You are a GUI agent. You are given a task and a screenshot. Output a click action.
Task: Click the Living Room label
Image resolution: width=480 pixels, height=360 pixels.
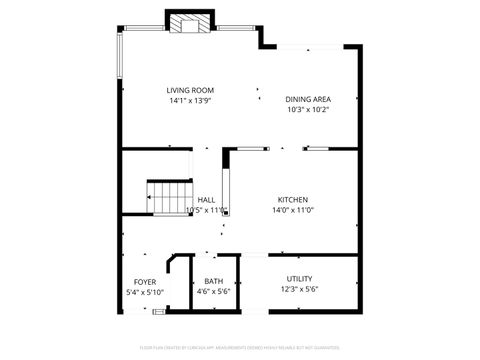point(190,90)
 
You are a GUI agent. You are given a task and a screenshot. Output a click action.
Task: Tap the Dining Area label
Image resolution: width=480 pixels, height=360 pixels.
point(308,99)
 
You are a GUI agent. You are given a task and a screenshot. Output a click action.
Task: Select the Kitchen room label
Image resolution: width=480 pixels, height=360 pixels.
point(292,199)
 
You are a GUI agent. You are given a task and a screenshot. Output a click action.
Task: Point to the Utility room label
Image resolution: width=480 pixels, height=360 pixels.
point(300,279)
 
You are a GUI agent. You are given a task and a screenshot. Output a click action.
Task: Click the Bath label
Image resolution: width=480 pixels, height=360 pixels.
point(213,281)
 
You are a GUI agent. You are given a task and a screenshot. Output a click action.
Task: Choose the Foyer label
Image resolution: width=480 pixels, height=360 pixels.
point(145,281)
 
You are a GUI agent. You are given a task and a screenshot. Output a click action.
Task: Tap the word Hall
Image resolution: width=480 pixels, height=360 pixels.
point(207,199)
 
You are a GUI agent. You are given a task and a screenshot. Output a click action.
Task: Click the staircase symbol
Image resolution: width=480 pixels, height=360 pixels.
point(168,197)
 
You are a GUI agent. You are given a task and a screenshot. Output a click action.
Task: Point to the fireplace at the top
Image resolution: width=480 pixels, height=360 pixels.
point(190,24)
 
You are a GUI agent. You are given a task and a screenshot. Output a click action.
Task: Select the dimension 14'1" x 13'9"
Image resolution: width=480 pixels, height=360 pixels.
point(190,100)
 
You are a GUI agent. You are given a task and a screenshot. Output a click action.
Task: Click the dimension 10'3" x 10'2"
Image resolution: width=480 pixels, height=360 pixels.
point(308,109)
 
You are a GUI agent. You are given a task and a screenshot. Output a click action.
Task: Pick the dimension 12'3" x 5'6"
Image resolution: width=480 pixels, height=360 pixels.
point(300,290)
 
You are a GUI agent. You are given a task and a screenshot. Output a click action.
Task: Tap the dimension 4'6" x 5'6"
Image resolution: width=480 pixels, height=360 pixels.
point(213,291)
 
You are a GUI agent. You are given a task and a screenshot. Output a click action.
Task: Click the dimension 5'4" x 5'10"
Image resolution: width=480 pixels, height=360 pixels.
point(145,291)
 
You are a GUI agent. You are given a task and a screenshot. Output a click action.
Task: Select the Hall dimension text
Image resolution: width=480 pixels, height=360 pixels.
point(213,210)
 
